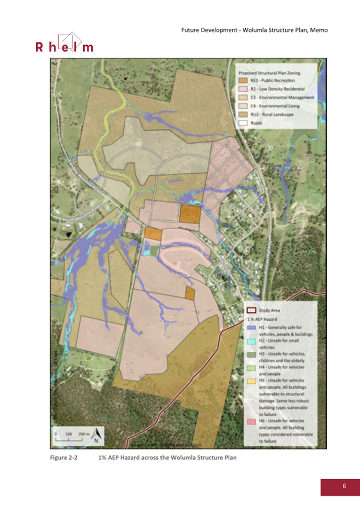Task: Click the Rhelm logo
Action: click(64, 43)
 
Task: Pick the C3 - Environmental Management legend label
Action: click(283, 98)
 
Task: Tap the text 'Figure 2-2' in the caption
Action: click(64, 458)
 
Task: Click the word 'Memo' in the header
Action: click(318, 30)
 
